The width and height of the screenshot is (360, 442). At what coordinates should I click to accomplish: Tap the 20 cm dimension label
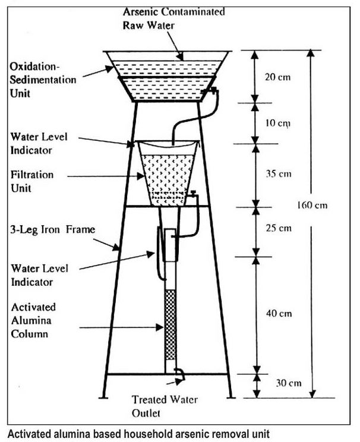click(279, 77)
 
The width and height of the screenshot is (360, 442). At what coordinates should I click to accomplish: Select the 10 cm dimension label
click(278, 124)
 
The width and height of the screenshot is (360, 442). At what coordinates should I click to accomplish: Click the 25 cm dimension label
click(278, 228)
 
